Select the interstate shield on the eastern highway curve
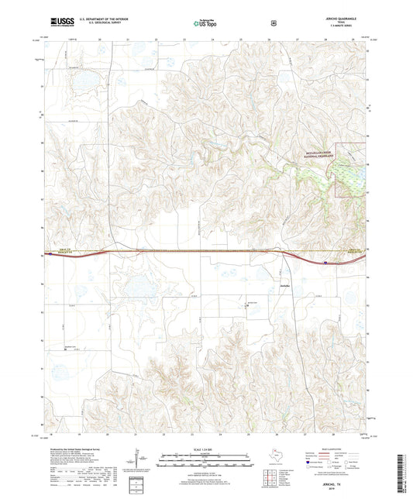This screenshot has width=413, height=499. point(326,263)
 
